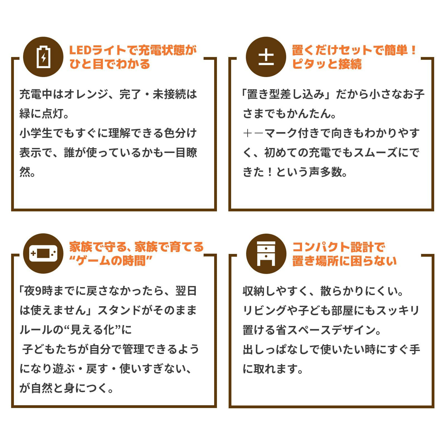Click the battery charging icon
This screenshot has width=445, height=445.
coord(43,57)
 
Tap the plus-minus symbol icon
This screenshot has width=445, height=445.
coord(266,57)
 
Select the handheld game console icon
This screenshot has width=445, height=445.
coord(43,253)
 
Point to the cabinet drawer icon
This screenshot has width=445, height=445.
coord(266,253)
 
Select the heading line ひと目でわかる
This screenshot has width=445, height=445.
coord(110,64)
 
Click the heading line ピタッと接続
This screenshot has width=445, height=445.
coord(327,64)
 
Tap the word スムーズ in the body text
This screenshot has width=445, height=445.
coord(375,153)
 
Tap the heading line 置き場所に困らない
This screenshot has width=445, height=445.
coord(344,261)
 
